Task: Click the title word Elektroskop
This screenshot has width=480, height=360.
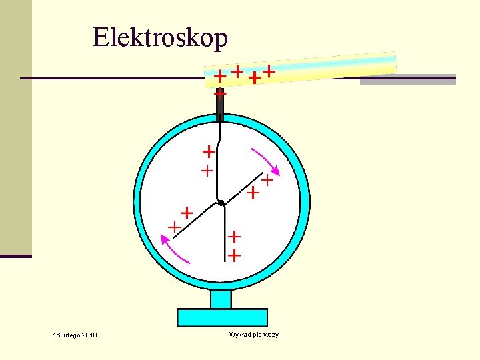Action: (160, 38)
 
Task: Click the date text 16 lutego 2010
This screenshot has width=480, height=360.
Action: (75, 335)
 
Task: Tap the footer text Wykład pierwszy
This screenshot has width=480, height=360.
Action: (253, 334)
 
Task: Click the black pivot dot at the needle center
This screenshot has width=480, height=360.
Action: (220, 203)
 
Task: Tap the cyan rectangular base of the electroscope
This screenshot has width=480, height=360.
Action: (222, 317)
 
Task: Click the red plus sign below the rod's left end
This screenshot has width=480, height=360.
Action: (220, 95)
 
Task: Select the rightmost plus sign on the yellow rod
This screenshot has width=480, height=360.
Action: (269, 69)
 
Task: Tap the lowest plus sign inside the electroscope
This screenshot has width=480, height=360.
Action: (234, 255)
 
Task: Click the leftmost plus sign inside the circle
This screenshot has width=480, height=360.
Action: (174, 227)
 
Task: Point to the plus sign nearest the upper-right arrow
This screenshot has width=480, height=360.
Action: (267, 179)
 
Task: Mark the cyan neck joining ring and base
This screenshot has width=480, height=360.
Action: (221, 299)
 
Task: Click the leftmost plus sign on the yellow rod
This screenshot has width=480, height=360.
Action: (219, 77)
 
